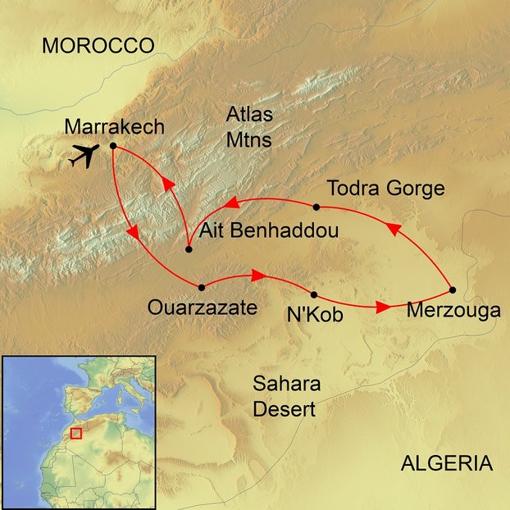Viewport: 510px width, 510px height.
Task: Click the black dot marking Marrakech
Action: [x=113, y=147]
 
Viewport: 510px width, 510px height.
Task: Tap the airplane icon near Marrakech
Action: [x=84, y=154]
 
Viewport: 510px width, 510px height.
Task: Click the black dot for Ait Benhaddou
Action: [x=189, y=249]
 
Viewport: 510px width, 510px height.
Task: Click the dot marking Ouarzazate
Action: [x=202, y=287]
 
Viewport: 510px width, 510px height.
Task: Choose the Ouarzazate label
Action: [x=202, y=308]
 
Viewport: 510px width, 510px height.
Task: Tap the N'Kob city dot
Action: [x=314, y=294]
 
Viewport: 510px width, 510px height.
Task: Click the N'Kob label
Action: [x=314, y=315]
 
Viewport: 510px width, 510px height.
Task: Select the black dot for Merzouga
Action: [x=453, y=289]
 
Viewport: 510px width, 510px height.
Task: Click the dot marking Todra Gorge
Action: [x=316, y=206]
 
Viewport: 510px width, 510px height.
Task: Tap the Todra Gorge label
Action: [x=385, y=189]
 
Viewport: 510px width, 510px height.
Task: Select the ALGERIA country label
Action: [x=446, y=464]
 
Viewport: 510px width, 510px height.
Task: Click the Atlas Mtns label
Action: [x=249, y=128]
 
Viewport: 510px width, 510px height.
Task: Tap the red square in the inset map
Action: [x=76, y=433]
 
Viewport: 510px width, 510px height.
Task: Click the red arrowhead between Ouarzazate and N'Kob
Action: [x=257, y=276]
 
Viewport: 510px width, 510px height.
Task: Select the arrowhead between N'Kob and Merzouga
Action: [x=382, y=308]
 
